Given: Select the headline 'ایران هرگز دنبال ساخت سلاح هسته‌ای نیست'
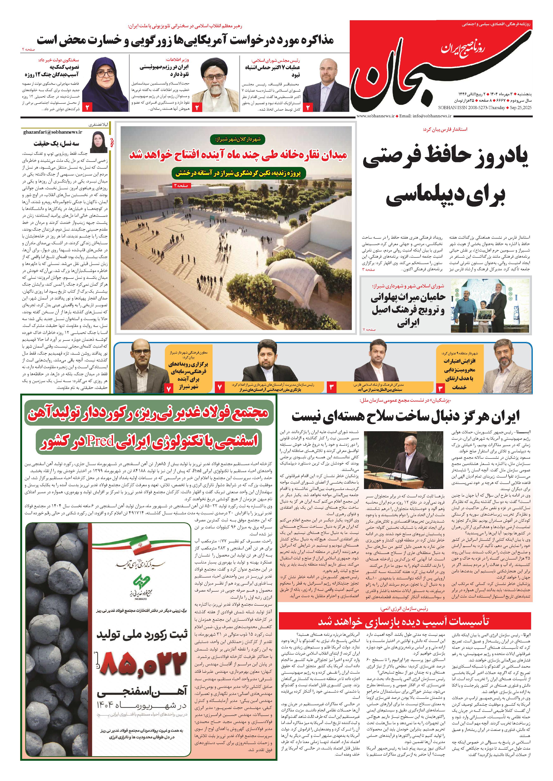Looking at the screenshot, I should (x=405, y=416).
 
